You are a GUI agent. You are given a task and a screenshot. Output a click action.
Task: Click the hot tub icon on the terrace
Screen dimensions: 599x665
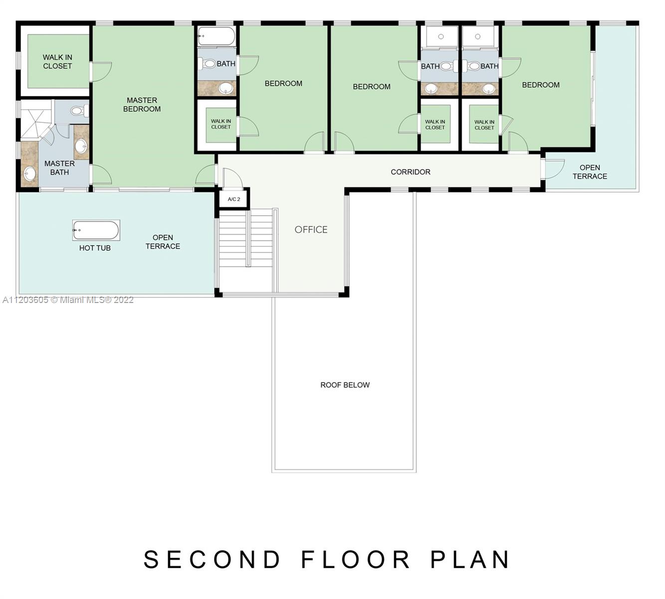point(96,230)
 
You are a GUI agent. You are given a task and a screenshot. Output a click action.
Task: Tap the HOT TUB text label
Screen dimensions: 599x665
point(95,248)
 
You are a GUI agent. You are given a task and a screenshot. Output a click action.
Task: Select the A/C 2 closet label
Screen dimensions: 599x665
point(234,199)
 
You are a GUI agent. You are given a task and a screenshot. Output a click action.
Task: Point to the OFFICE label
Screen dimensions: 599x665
point(311,230)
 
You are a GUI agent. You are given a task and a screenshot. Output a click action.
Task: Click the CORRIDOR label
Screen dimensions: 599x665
point(410,172)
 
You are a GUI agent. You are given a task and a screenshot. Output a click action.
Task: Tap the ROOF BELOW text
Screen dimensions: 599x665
point(345,385)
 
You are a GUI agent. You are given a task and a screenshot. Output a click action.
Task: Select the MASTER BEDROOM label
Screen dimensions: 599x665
point(142,105)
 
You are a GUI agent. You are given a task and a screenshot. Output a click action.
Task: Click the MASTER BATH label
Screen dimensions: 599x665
point(59,168)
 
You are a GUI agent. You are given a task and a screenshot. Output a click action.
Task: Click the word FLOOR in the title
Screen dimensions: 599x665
point(356,560)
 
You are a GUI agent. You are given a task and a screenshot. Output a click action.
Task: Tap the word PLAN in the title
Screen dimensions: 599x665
point(470,560)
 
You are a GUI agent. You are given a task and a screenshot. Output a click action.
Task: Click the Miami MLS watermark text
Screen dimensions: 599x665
point(68,300)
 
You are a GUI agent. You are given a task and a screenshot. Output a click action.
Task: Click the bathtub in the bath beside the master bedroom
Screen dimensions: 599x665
point(216,35)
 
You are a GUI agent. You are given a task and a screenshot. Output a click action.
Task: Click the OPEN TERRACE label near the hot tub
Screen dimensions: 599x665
point(163,242)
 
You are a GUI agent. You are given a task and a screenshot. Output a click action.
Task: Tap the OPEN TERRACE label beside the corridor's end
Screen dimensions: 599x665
point(590,172)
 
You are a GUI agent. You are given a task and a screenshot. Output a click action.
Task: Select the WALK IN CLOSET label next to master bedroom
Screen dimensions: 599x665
point(57,62)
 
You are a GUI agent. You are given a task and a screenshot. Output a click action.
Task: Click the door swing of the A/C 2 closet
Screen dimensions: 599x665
point(232,178)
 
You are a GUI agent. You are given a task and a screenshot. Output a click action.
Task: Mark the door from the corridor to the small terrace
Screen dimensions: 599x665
point(553,169)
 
